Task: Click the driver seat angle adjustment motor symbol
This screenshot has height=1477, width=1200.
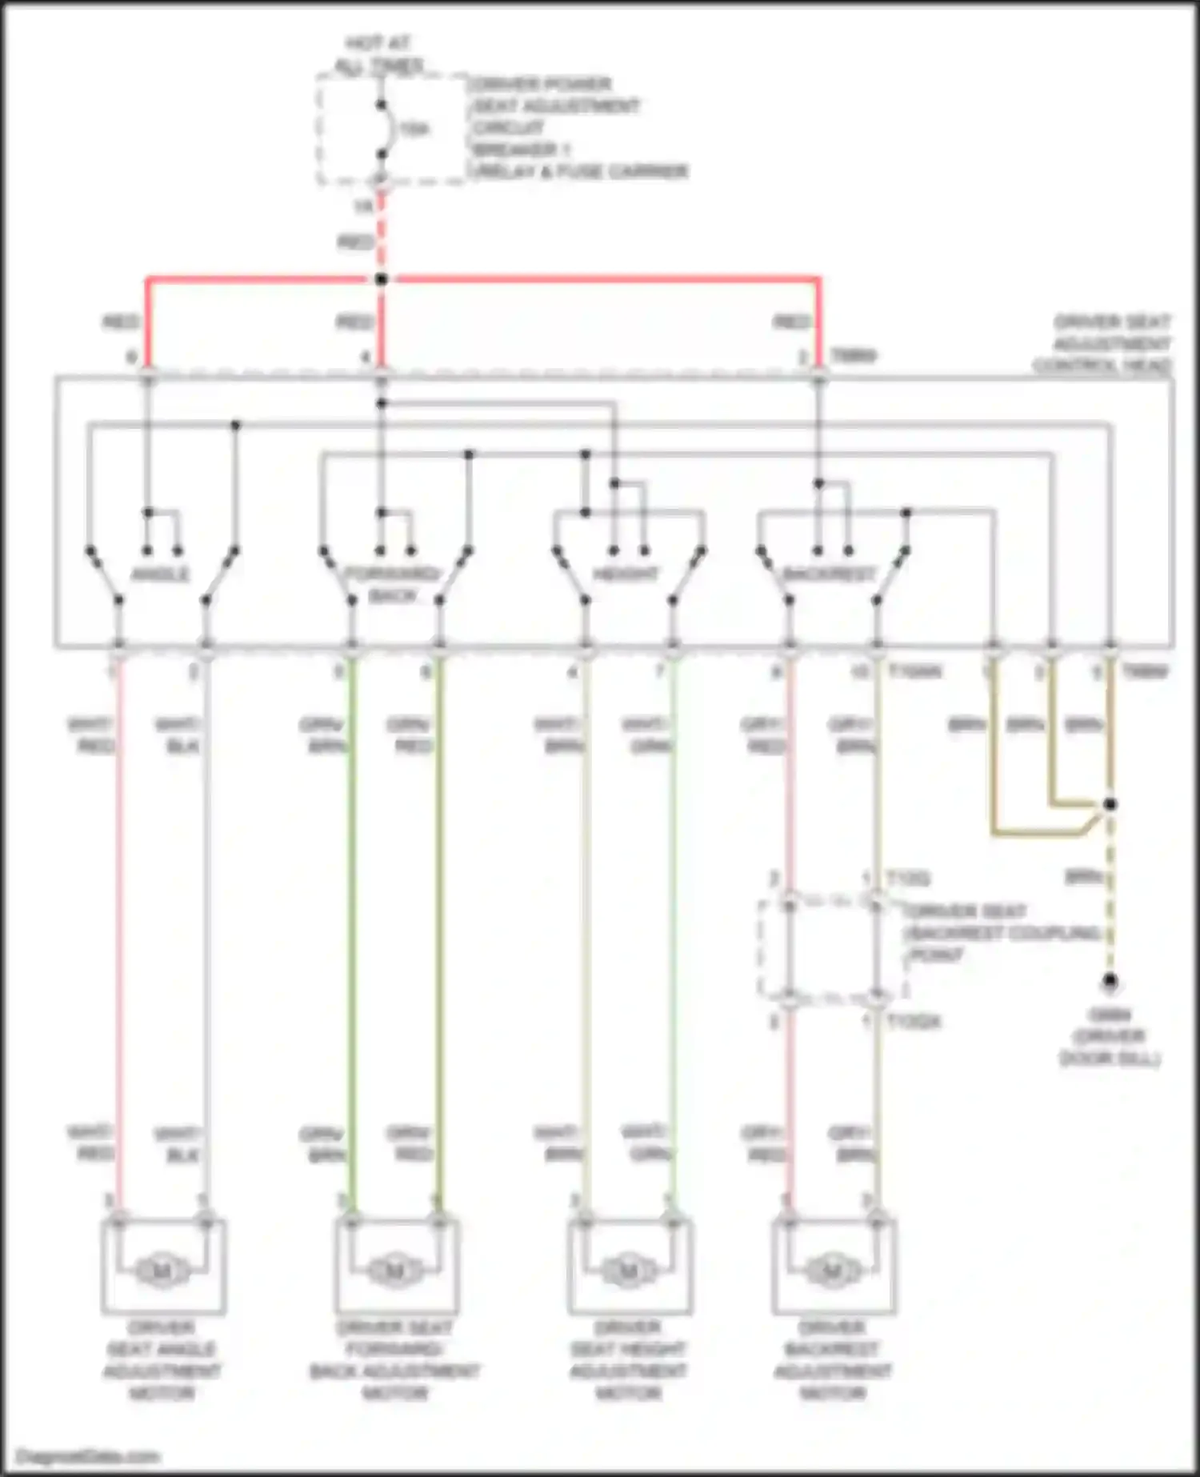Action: pyautogui.click(x=162, y=1270)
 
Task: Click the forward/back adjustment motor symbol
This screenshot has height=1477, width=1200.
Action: pyautogui.click(x=395, y=1270)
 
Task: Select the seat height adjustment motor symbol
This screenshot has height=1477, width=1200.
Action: pyautogui.click(x=629, y=1270)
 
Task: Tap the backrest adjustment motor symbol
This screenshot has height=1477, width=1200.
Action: pyautogui.click(x=832, y=1270)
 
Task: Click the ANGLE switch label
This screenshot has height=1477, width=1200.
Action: pyautogui.click(x=160, y=574)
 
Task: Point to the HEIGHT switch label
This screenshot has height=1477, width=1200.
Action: pyautogui.click(x=626, y=574)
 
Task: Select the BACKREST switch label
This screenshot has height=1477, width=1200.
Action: pyautogui.click(x=830, y=574)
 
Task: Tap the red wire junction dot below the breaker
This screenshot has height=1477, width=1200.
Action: pyautogui.click(x=382, y=279)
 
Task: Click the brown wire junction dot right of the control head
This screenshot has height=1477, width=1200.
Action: pyautogui.click(x=1110, y=804)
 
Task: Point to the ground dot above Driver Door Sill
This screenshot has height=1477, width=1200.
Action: pyautogui.click(x=1110, y=981)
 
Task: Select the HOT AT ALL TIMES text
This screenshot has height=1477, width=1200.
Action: pyautogui.click(x=378, y=55)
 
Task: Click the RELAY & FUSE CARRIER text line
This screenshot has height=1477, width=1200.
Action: pyautogui.click(x=581, y=171)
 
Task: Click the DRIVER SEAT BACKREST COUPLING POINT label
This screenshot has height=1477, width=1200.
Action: pyautogui.click(x=1000, y=933)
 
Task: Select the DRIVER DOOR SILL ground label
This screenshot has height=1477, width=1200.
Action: pyautogui.click(x=1110, y=1037)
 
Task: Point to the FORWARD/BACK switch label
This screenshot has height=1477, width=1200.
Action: pyautogui.click(x=392, y=585)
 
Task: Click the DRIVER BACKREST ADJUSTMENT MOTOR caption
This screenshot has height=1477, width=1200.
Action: pyautogui.click(x=832, y=1360)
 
